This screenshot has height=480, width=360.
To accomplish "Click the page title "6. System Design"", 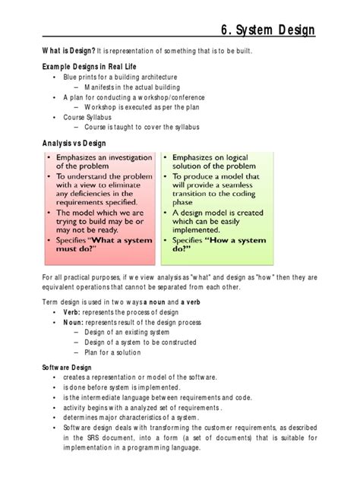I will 267,30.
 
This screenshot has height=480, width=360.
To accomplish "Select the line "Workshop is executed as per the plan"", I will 149,108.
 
